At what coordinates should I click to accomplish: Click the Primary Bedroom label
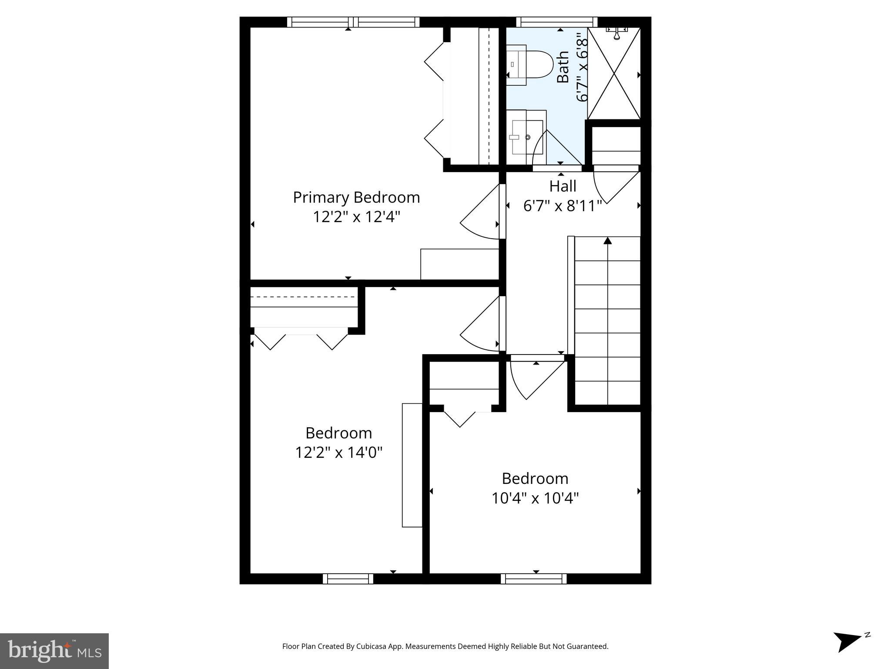356,197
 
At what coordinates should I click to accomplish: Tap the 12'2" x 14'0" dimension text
338,453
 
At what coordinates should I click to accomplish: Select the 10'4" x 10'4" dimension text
535,498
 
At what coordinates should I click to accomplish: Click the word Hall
563,186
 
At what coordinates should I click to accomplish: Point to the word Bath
563,67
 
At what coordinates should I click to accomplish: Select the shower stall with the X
614,73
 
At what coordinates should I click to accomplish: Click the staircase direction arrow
608,241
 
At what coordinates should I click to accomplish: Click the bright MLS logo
54,651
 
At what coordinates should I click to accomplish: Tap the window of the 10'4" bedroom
533,578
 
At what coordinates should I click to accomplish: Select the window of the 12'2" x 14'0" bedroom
348,578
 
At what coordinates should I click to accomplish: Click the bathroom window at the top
556,22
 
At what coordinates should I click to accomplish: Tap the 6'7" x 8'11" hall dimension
563,206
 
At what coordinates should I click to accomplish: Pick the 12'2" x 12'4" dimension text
356,216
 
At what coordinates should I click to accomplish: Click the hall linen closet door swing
613,187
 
